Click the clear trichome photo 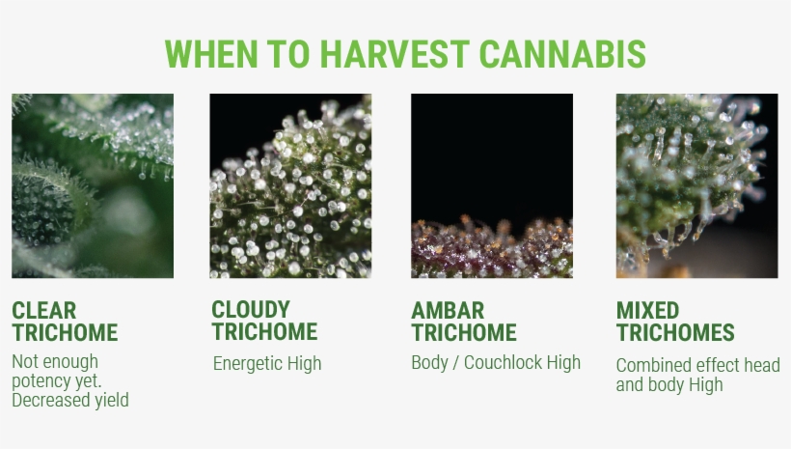(x=93, y=185)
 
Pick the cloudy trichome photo (x=290, y=185)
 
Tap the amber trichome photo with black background (x=491, y=185)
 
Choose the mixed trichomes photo (x=696, y=185)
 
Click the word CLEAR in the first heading (x=44, y=311)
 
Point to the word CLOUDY (x=251, y=310)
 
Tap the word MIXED (x=647, y=311)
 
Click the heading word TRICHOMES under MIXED (x=675, y=333)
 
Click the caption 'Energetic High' (x=267, y=364)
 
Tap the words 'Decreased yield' (x=69, y=400)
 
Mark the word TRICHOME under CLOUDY (x=264, y=332)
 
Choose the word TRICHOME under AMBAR (x=464, y=333)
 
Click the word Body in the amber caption (x=430, y=363)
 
